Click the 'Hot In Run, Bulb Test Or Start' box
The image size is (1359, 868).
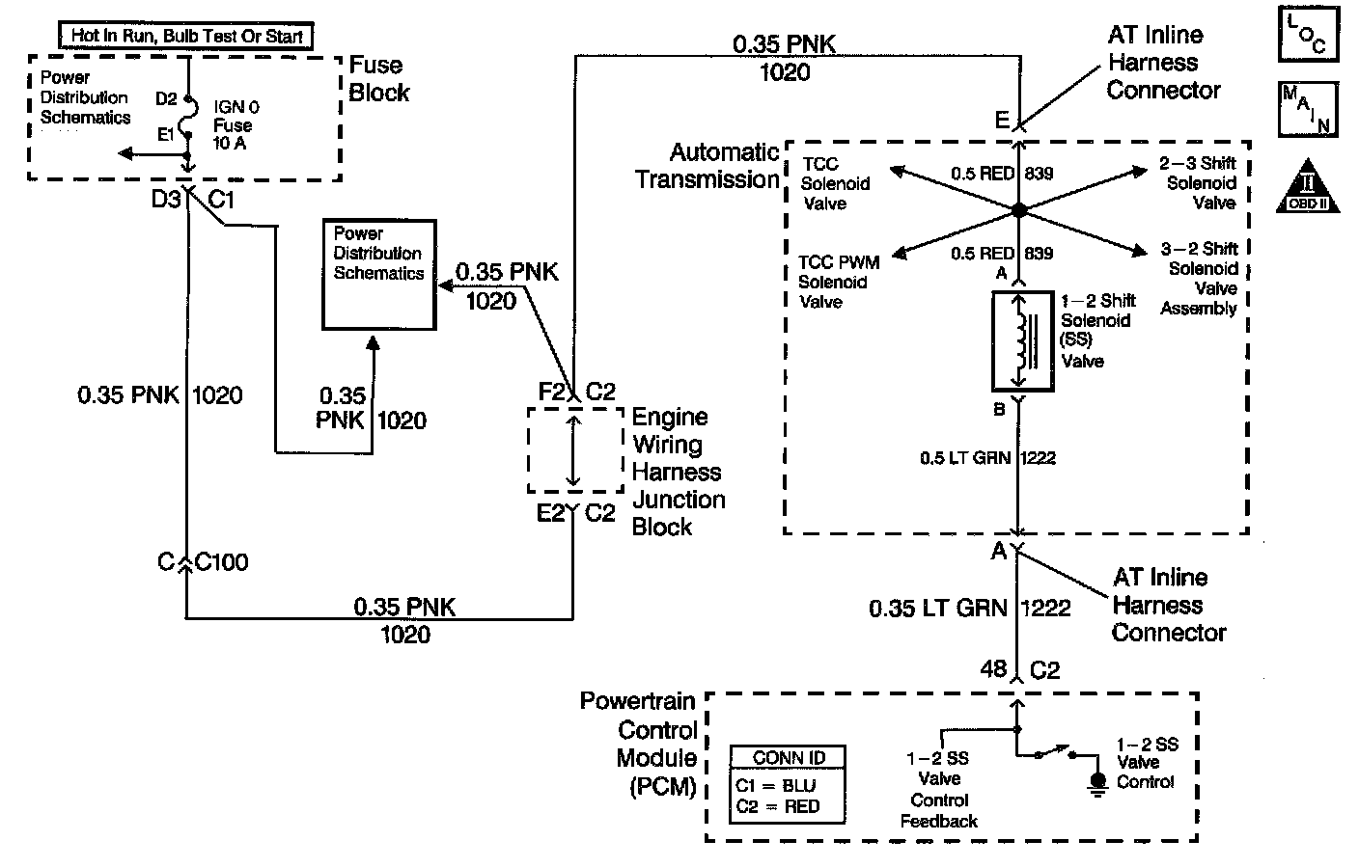tap(186, 37)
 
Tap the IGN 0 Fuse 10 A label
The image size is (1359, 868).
tap(236, 125)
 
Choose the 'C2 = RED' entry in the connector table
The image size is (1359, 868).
tap(776, 806)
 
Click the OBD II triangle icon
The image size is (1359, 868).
tap(1311, 186)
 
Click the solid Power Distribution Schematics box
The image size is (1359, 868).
tap(378, 274)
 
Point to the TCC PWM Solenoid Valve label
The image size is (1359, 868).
tap(838, 282)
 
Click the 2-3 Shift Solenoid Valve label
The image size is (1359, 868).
tap(1200, 183)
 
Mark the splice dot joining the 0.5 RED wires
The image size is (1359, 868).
tap(1018, 209)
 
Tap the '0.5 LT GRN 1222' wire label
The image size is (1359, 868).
tap(987, 457)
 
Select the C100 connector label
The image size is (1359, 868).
tap(221, 562)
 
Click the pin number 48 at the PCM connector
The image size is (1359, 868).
tap(993, 668)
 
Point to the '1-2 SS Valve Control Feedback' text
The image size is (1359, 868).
tap(938, 790)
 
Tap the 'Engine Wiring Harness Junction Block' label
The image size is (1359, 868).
tap(678, 472)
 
